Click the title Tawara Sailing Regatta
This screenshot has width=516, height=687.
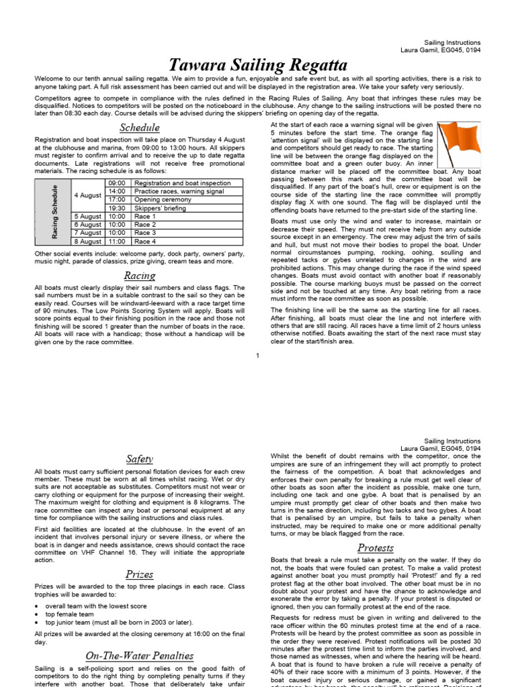point(258,65)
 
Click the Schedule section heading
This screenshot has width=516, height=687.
point(140,127)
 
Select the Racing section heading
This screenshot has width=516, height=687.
point(140,276)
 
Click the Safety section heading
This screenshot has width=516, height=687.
point(140,459)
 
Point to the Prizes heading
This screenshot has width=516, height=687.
point(140,574)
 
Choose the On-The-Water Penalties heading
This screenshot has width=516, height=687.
point(140,655)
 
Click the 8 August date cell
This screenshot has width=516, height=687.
point(87,242)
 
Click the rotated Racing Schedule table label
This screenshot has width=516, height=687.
point(55,212)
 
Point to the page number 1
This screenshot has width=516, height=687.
point(257,355)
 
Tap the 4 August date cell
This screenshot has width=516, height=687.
point(87,195)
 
